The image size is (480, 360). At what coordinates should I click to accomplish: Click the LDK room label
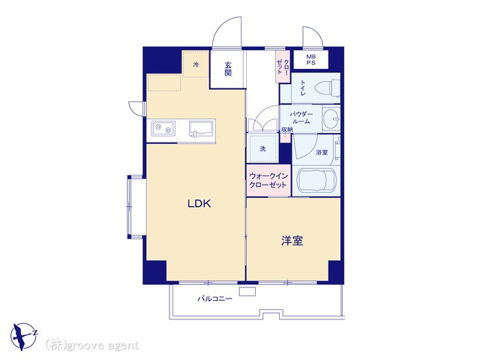click(199, 203)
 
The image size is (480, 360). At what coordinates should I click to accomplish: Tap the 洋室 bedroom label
click(292, 241)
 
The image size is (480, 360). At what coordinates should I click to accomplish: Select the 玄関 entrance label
click(228, 69)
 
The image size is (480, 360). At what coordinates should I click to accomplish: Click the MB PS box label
click(311, 60)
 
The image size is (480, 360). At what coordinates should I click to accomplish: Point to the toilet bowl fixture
click(327, 87)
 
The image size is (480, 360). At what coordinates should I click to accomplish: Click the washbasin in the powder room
click(331, 118)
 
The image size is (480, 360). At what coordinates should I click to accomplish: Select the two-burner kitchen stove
click(163, 128)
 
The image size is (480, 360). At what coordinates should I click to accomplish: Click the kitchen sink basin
click(201, 128)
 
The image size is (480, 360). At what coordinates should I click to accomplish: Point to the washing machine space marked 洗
click(262, 148)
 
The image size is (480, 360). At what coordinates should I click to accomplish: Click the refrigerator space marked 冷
click(196, 64)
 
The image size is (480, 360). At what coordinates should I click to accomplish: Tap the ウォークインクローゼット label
click(268, 180)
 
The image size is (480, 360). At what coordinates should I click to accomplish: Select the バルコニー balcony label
click(215, 298)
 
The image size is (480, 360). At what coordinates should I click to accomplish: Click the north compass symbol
click(24, 337)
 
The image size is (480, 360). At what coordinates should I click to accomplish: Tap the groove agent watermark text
click(92, 345)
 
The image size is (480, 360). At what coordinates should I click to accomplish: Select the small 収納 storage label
click(287, 129)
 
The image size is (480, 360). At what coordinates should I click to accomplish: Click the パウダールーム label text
click(301, 118)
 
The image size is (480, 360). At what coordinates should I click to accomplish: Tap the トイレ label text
click(303, 88)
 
